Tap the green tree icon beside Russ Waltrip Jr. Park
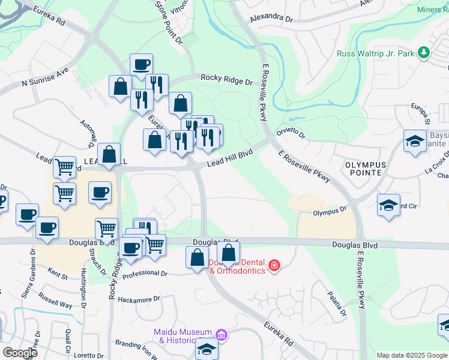point(424,53)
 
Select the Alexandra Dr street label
point(271,17)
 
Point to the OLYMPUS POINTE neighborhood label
point(363,168)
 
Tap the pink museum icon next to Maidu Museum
point(221,335)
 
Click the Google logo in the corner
point(20,353)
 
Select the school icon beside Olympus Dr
point(388,205)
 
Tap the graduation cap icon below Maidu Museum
point(206,349)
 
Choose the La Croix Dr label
point(436,165)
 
